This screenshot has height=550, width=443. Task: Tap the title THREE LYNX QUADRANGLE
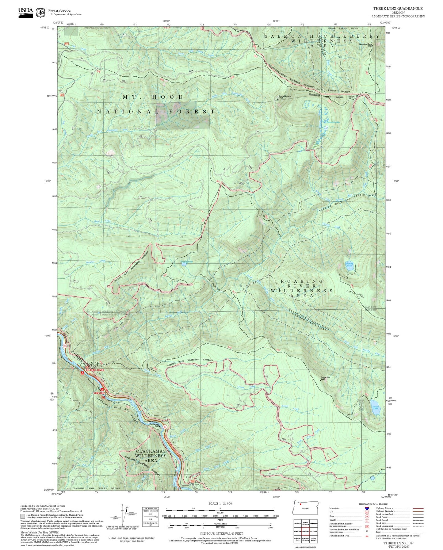[x=398, y=9]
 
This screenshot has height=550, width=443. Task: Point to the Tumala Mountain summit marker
[x=278, y=99]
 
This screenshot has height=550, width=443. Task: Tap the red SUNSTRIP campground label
[x=99, y=393]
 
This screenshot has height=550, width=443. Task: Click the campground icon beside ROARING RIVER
[x=82, y=373]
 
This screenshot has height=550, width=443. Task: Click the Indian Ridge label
[x=355, y=294]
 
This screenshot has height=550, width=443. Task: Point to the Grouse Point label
[x=325, y=377]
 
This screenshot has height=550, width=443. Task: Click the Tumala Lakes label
[x=333, y=122]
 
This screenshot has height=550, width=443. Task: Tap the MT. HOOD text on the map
[x=153, y=97]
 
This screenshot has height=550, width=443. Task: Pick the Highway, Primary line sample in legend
[x=418, y=508]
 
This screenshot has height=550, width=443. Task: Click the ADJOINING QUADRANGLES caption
[x=305, y=547]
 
